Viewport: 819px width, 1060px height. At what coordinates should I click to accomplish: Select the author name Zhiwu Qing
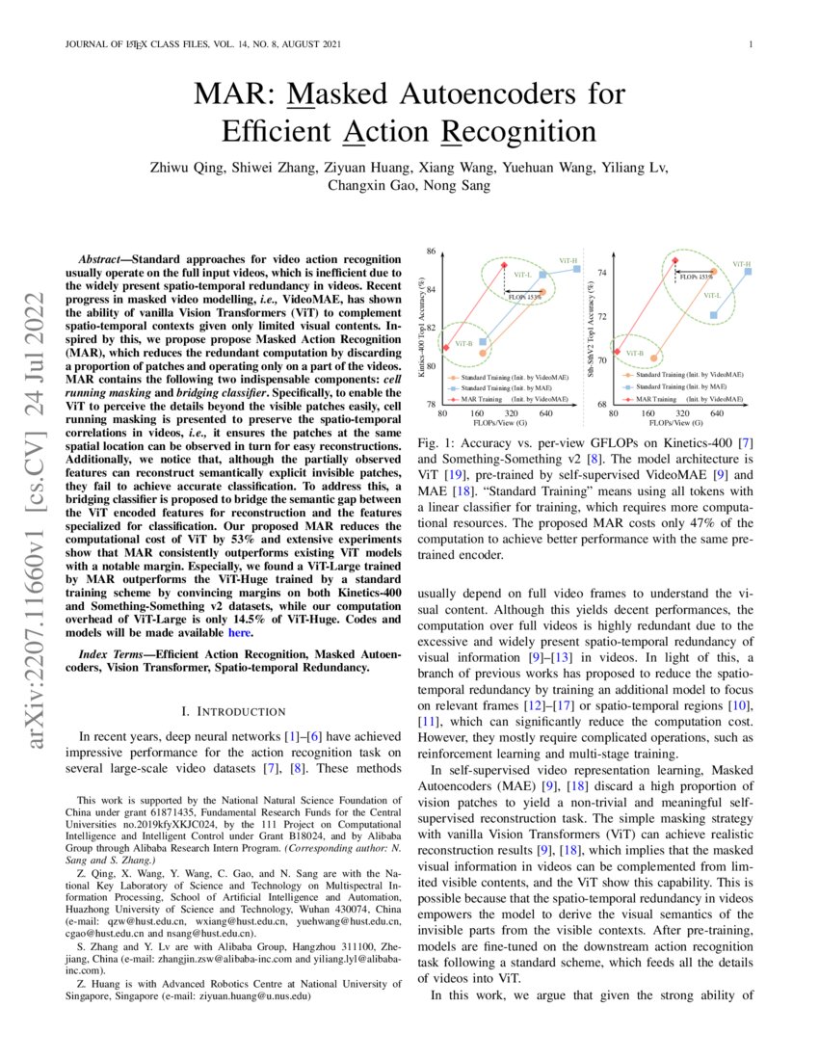[188, 166]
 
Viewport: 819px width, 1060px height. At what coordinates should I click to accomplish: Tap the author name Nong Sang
[459, 185]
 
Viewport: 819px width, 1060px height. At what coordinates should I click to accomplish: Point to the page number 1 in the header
[749, 44]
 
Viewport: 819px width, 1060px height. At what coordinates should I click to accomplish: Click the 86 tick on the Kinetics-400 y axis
[431, 252]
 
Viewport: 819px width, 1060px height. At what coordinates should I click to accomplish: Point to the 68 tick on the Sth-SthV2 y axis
[601, 405]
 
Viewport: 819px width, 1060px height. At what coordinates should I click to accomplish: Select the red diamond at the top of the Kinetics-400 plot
[503, 262]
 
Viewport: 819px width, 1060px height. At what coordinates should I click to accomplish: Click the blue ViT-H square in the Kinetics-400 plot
[576, 269]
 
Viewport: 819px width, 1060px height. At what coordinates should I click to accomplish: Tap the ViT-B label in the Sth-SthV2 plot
[633, 354]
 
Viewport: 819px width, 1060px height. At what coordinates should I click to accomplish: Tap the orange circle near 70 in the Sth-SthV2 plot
[654, 358]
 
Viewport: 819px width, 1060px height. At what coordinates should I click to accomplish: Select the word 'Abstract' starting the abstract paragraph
[99, 260]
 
